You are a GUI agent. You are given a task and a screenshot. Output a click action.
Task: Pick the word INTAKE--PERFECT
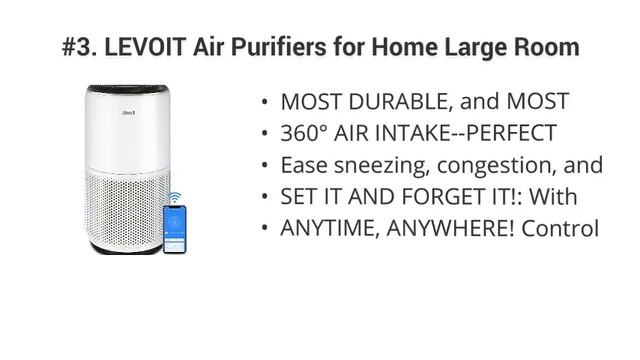coord(471,133)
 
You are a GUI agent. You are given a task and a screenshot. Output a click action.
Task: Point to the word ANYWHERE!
coord(446,229)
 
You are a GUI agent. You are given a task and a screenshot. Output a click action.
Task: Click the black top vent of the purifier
coord(128,89)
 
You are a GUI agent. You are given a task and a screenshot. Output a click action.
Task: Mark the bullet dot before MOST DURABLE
coord(264,102)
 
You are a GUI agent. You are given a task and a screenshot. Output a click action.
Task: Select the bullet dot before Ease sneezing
coord(264,166)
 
